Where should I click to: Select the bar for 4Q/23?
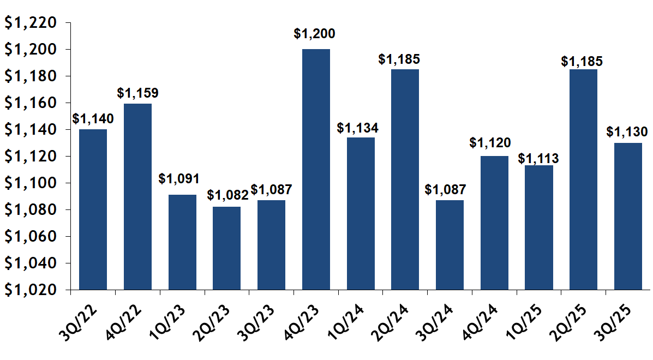click(x=316, y=169)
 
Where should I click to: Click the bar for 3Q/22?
click(x=93, y=209)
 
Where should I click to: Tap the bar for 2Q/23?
click(x=226, y=248)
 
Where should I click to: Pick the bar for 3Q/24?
click(x=450, y=245)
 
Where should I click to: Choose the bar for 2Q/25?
click(x=583, y=179)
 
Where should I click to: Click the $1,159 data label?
click(x=137, y=93)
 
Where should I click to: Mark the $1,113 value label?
click(x=538, y=159)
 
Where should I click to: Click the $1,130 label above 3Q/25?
click(x=627, y=132)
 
